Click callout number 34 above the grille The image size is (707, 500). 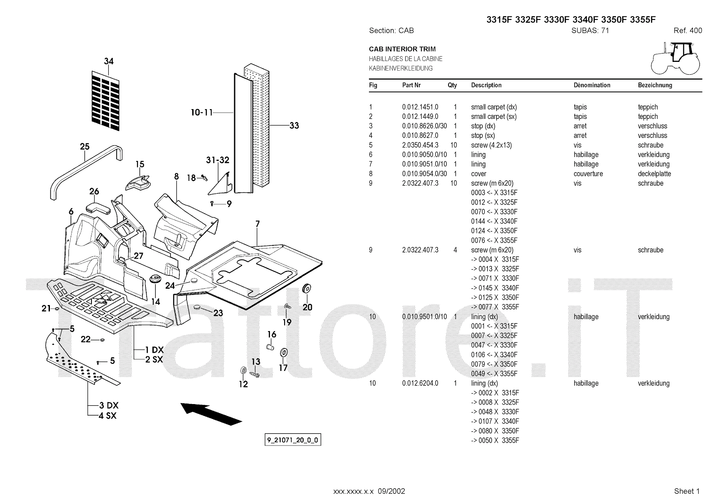109,61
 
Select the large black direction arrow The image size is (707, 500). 211,413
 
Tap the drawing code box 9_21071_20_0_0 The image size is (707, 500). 293,440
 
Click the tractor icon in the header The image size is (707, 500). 677,58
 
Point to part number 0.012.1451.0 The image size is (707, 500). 420,107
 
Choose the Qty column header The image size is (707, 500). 452,85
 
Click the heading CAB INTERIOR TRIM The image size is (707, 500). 402,49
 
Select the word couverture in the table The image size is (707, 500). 588,174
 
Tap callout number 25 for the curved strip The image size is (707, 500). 84,147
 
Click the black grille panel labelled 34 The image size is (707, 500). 106,101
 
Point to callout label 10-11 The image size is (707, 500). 201,112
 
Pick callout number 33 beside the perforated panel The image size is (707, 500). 294,126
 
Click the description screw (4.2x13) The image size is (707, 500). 491,145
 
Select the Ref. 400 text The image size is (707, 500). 688,31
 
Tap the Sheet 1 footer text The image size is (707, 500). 687,491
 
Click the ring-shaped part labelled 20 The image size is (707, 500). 307,288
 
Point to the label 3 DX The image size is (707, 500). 109,405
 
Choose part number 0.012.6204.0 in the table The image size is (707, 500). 420,383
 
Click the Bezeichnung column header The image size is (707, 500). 655,85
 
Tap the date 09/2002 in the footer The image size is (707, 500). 392,491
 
